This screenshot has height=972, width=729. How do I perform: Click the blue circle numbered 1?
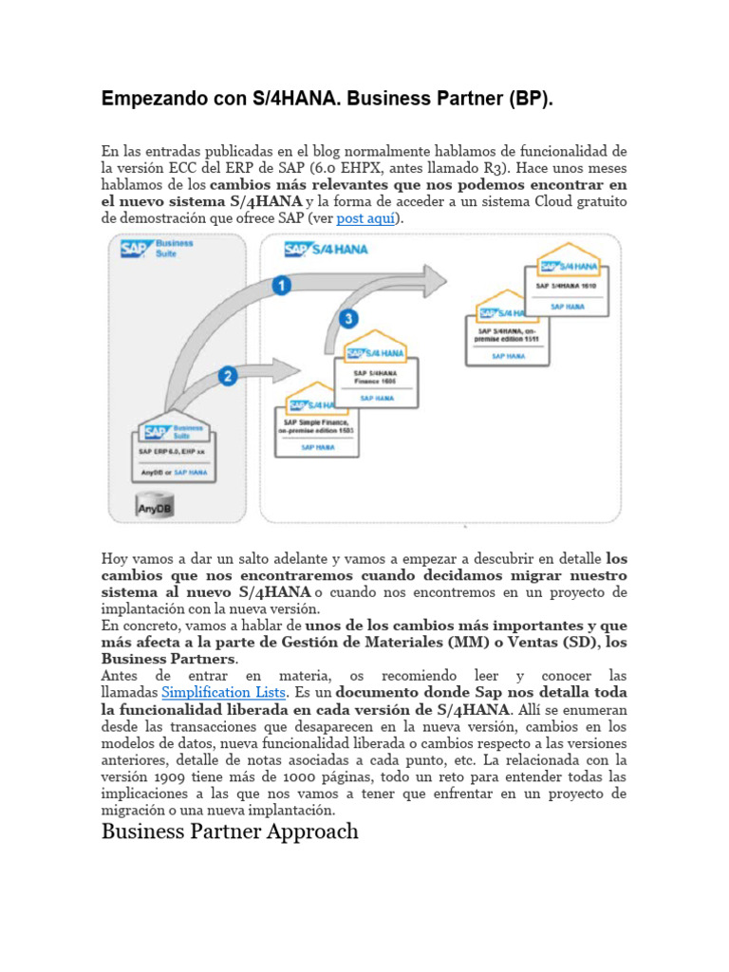coord(282,285)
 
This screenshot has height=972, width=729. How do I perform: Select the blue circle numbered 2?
coord(228,377)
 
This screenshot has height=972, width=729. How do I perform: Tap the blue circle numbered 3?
coord(349,318)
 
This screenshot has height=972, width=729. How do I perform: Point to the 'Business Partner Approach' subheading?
coord(230,832)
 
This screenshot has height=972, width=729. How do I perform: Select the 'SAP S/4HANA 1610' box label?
coord(567,285)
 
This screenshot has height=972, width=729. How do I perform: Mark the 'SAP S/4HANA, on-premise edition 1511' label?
coord(508,334)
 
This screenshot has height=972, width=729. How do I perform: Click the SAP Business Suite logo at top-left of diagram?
coord(157,250)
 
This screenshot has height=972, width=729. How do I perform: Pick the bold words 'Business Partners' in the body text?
coord(167,659)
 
